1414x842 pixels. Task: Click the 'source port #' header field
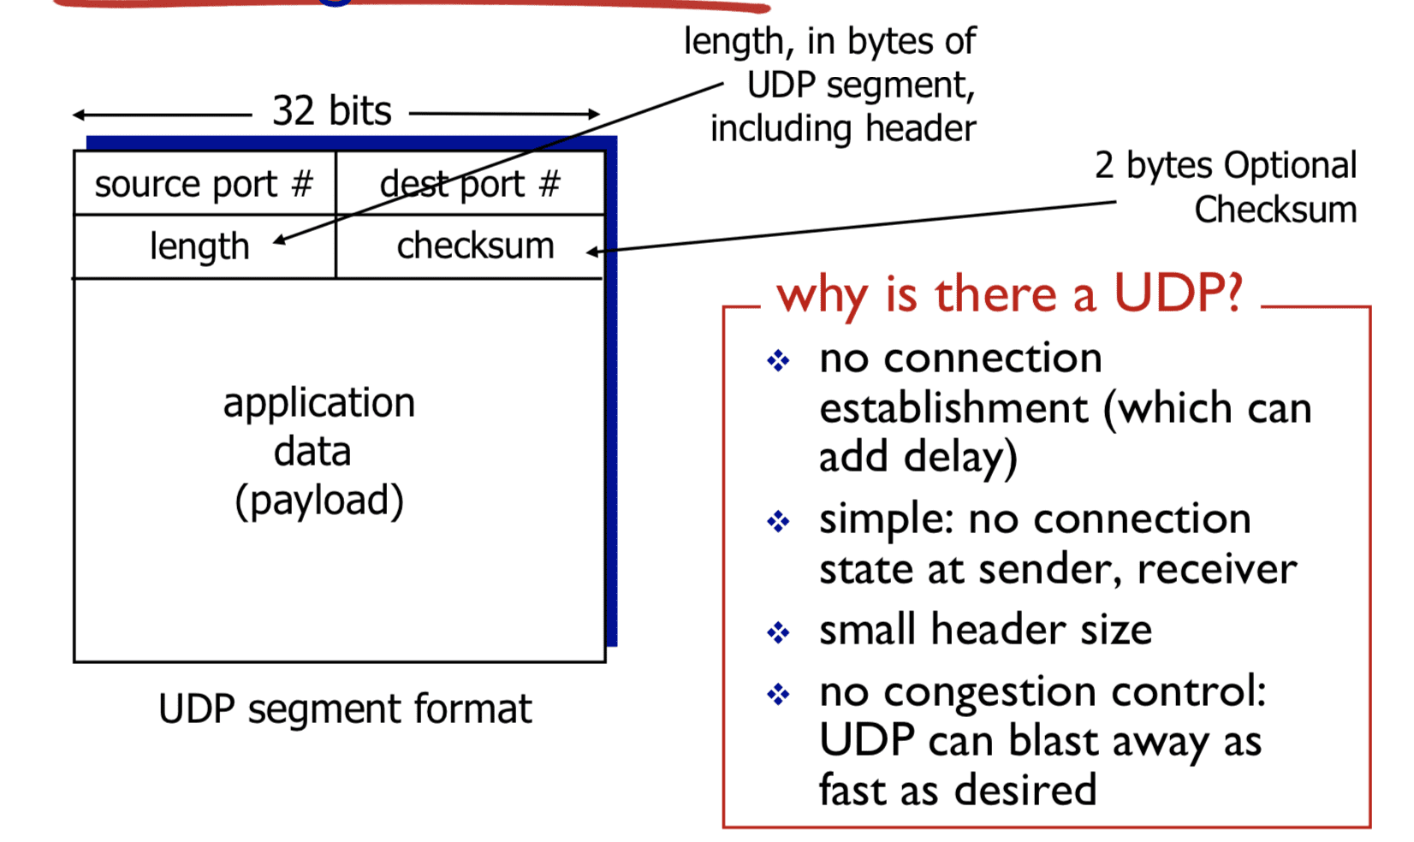tap(204, 184)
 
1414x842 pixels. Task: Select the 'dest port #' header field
tap(470, 184)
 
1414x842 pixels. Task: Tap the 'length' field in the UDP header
tap(199, 247)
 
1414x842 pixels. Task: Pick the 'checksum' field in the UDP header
tap(475, 246)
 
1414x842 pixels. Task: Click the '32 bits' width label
tap(331, 111)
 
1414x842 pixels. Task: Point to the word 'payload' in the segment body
tap(319, 501)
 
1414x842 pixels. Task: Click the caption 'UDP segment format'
tap(345, 709)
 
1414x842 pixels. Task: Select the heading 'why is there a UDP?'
tap(1009, 295)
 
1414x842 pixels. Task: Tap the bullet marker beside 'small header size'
tap(778, 632)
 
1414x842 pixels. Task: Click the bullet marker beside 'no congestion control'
tap(778, 693)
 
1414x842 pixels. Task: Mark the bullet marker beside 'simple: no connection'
tap(778, 521)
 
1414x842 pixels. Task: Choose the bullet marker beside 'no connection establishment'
tap(778, 360)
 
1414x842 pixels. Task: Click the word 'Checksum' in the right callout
tap(1275, 210)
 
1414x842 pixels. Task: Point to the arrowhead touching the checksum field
tap(591, 252)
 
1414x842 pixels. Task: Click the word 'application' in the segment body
tap(319, 403)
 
